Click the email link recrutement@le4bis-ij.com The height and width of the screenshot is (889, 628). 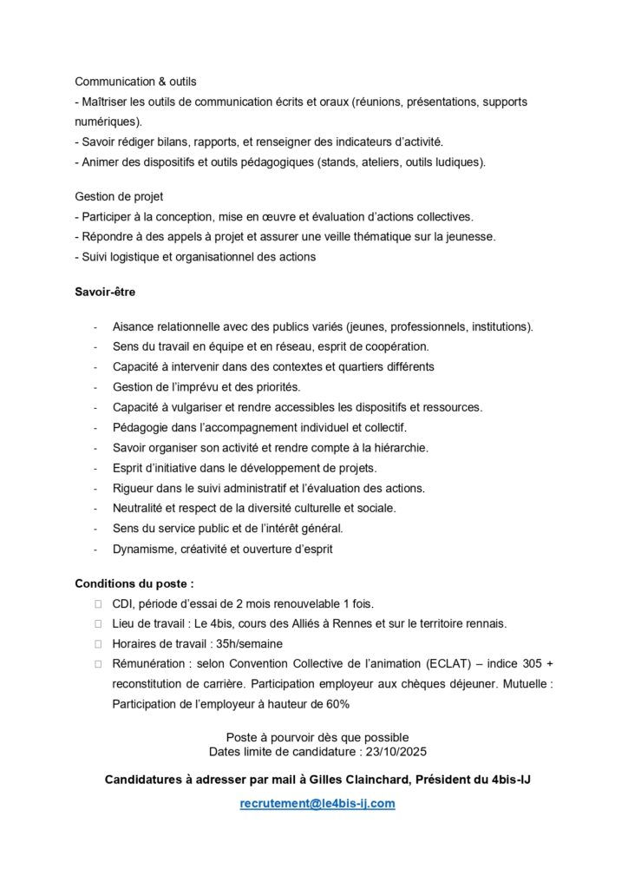point(317,804)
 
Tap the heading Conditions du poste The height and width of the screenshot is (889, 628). point(134,583)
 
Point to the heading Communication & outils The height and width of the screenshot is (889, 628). point(135,82)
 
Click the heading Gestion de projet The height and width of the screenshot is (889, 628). point(119,197)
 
